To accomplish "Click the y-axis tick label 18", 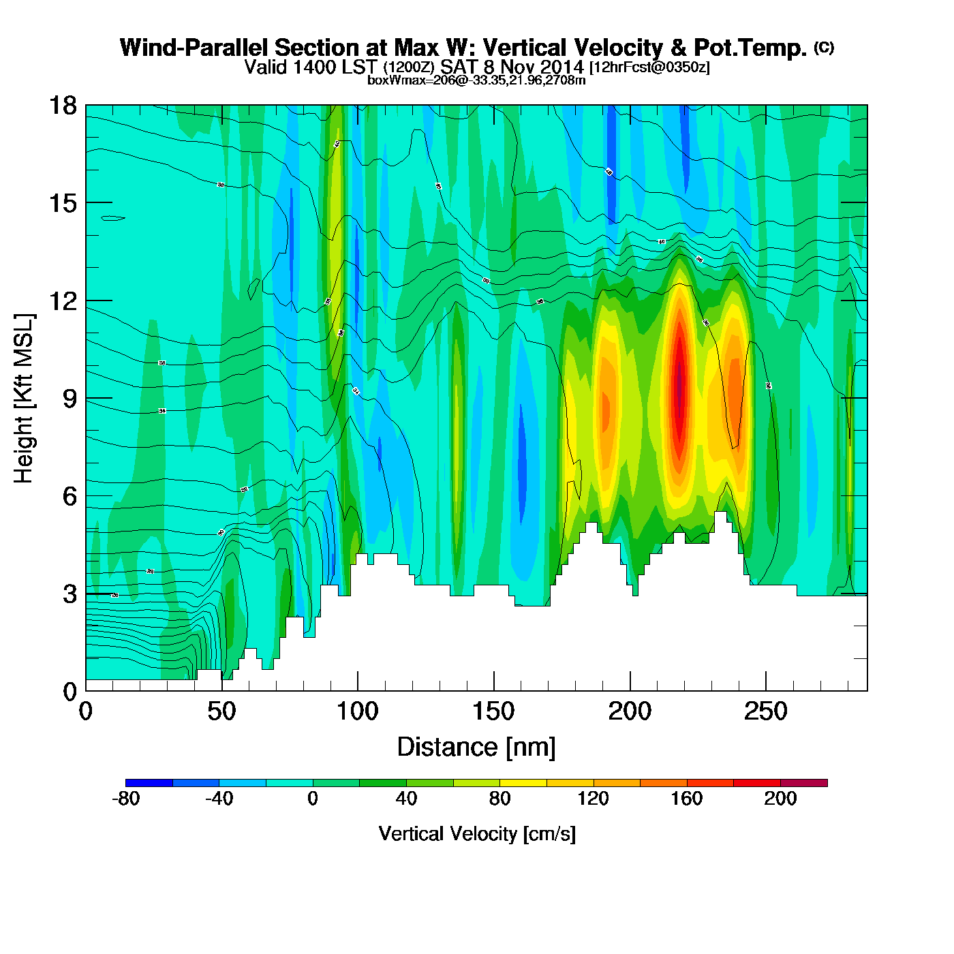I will [62, 106].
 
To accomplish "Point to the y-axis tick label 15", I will [62, 203].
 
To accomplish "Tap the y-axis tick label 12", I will [62, 301].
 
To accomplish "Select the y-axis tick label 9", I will [70, 399].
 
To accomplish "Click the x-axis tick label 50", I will [221, 711].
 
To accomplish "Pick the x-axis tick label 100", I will [358, 711].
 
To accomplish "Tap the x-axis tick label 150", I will [493, 711].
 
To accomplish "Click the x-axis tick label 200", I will [630, 711].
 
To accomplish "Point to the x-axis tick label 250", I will [766, 711].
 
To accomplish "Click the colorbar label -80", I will [125, 799].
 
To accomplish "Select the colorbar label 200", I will [780, 799].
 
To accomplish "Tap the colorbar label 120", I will [593, 799].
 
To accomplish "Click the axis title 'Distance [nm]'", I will [476, 748].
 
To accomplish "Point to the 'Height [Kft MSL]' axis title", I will [24, 399].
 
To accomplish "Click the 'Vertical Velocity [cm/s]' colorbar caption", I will [477, 833].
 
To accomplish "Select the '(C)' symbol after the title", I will [824, 47].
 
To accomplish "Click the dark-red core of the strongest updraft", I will [679, 388].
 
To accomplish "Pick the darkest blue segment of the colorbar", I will [149, 783].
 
